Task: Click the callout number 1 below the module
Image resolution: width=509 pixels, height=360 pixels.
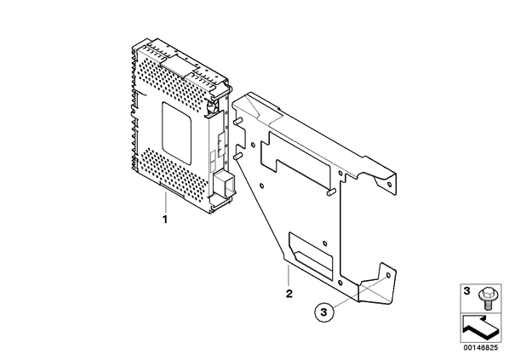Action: click(165, 220)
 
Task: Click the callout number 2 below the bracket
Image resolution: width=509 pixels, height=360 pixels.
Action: click(289, 294)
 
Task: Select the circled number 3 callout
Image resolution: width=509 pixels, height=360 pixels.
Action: click(323, 312)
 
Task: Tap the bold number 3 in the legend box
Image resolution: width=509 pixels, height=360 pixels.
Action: click(466, 291)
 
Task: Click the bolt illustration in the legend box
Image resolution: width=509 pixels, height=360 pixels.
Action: click(486, 298)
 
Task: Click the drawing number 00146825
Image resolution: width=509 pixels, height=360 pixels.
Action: click(481, 348)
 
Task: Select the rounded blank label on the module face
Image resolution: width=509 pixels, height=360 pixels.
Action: click(176, 132)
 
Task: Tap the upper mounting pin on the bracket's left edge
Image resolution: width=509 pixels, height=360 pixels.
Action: click(237, 121)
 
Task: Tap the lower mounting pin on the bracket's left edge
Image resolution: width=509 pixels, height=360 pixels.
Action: click(237, 156)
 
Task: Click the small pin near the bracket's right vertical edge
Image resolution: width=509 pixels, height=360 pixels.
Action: click(330, 192)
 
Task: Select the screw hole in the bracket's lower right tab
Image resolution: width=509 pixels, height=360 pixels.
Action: click(387, 276)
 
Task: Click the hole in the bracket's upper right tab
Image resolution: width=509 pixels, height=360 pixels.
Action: click(390, 185)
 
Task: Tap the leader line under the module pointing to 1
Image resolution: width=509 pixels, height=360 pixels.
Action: click(165, 203)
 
